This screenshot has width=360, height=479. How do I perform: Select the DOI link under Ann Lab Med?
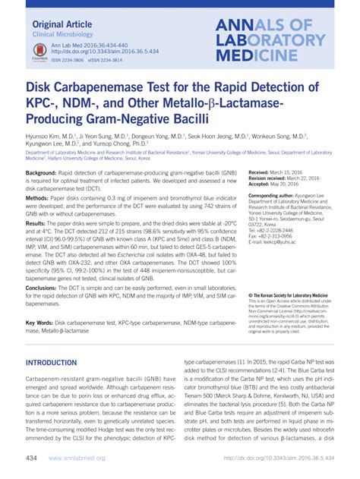point(101,52)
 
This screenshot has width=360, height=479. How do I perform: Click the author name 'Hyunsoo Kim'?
point(45,137)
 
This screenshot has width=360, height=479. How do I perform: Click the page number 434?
point(32,459)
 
